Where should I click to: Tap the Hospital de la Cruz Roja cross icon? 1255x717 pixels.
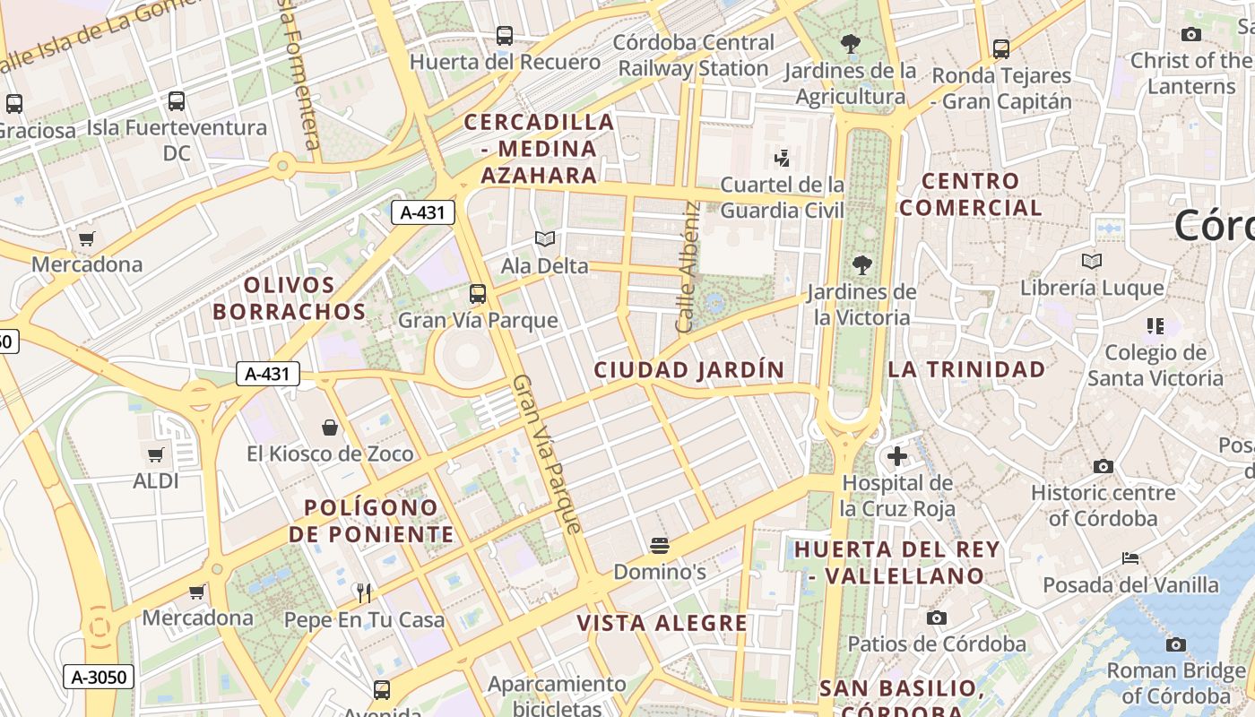[x=896, y=457]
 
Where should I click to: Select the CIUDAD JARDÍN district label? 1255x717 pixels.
[x=688, y=369]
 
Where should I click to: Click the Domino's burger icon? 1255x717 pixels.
[x=660, y=545]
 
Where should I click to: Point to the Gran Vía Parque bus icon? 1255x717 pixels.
[x=478, y=294]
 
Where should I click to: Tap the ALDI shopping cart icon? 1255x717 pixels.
[x=156, y=455]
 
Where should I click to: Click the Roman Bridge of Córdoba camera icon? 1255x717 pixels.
[x=1176, y=644]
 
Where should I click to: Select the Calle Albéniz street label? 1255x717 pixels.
[x=688, y=267]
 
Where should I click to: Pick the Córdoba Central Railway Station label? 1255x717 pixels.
[x=695, y=56]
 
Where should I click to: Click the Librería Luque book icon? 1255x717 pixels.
[x=1091, y=262]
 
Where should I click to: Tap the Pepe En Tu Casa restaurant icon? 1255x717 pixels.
[x=364, y=592]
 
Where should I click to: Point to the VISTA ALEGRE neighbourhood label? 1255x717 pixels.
[x=662, y=624]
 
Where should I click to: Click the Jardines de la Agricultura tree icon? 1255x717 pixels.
[x=850, y=43]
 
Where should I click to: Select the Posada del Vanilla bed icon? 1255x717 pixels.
[x=1130, y=558]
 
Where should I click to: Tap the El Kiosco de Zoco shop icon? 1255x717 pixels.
[x=330, y=428]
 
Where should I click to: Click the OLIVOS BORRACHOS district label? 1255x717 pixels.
[x=290, y=298]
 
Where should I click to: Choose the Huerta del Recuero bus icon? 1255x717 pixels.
[x=505, y=36]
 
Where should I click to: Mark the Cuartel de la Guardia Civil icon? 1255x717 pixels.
[x=782, y=159]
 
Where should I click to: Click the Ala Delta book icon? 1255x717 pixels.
[x=545, y=239]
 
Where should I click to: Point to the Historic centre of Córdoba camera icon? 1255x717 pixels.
[x=1104, y=466]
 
